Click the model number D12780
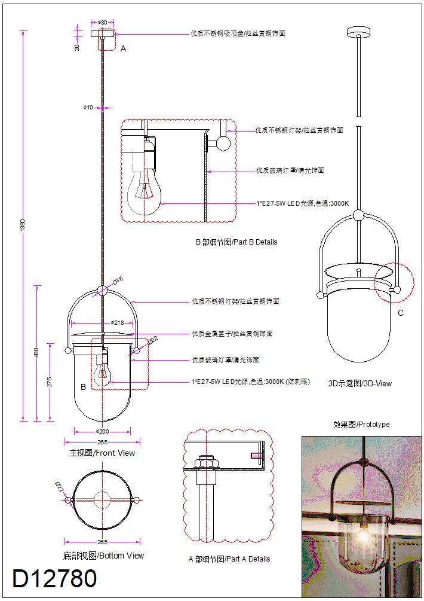[55, 579]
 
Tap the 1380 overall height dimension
[23, 225]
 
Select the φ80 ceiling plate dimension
[102, 23]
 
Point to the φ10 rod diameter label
[88, 108]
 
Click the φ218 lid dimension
[116, 323]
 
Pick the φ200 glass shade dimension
[102, 431]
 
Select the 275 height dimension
[50, 382]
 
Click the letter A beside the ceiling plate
[124, 49]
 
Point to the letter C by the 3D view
[400, 313]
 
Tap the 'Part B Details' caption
[236, 242]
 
